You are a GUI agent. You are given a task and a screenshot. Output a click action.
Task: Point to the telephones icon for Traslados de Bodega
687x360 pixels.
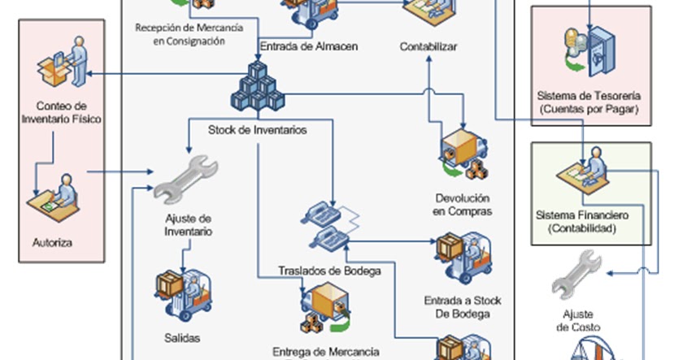coord(328,226)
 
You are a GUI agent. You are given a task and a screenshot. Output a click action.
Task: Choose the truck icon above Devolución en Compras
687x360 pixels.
coord(463,155)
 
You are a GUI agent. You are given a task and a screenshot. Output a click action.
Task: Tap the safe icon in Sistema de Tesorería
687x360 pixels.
coord(590,46)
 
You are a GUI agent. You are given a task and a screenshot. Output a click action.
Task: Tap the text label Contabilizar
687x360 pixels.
coord(428,46)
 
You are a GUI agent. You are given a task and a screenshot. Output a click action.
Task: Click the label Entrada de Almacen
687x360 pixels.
coord(308,46)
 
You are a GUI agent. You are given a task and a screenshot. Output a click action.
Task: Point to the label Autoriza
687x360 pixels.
coord(52,242)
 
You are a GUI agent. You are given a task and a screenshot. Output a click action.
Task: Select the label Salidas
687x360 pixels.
coord(181,337)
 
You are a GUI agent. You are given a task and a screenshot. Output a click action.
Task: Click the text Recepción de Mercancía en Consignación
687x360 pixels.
coord(188,34)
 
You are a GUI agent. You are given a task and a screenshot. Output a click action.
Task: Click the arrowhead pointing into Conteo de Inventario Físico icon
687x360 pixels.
coord(88,74)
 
